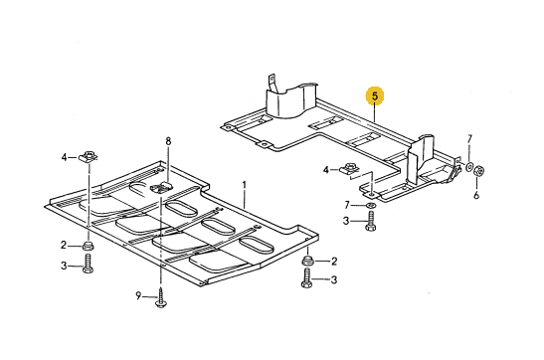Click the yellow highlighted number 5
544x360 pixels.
(375, 96)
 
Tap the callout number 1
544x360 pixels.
(245, 185)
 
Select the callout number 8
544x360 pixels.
(168, 141)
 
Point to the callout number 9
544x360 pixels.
(138, 296)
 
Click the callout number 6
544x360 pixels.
(476, 195)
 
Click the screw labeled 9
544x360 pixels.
(161, 298)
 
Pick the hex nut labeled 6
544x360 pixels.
(479, 170)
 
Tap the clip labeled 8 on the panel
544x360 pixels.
(161, 187)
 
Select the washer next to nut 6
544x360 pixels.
(469, 167)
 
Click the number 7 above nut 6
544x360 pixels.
(469, 139)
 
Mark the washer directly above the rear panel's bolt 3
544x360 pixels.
(371, 205)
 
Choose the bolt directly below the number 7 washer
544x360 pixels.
(371, 222)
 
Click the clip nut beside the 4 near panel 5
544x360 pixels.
(349, 168)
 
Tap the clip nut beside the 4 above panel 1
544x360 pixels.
(89, 156)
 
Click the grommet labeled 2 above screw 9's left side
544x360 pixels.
(88, 246)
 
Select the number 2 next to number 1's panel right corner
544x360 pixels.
(334, 262)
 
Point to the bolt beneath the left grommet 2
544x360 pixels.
(88, 264)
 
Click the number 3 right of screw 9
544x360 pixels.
(334, 279)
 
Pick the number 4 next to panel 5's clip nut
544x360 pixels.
(326, 170)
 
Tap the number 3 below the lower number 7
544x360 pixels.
(346, 221)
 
